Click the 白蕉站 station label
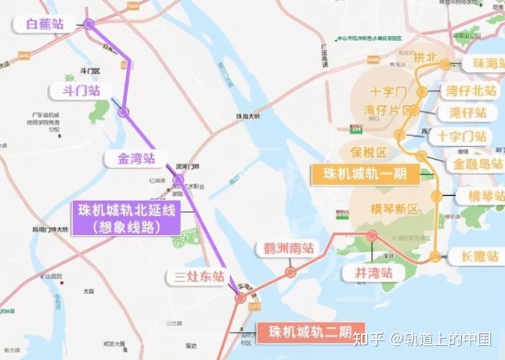pyautogui.click(x=45, y=24)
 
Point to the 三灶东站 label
pyautogui.click(x=195, y=276)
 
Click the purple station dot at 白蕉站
pyautogui.click(x=88, y=24)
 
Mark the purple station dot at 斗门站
pyautogui.click(x=124, y=112)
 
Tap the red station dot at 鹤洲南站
pyautogui.click(x=291, y=272)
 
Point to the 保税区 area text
pyautogui.click(x=369, y=152)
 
